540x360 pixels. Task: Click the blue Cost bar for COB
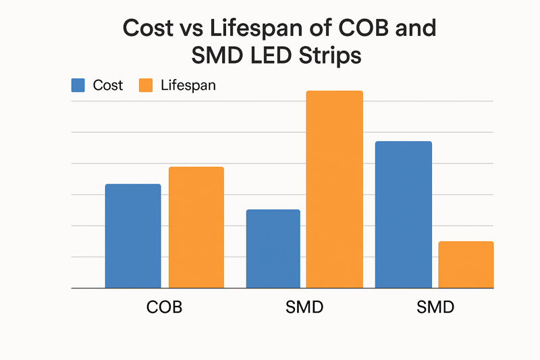click(x=133, y=236)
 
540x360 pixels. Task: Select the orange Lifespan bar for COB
click(x=196, y=227)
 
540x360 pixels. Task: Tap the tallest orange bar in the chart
click(x=334, y=189)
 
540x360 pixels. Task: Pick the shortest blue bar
click(x=273, y=249)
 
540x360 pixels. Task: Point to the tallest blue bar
click(x=403, y=214)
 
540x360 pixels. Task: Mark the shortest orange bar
click(x=466, y=264)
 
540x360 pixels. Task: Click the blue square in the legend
click(x=78, y=85)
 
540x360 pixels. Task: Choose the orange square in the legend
click(x=146, y=85)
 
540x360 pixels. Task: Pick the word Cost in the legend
click(x=108, y=86)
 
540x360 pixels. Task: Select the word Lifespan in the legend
click(x=188, y=86)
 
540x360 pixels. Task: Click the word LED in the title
click(x=269, y=56)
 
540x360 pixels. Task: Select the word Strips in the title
click(x=328, y=56)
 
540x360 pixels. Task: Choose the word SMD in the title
click(x=214, y=56)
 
